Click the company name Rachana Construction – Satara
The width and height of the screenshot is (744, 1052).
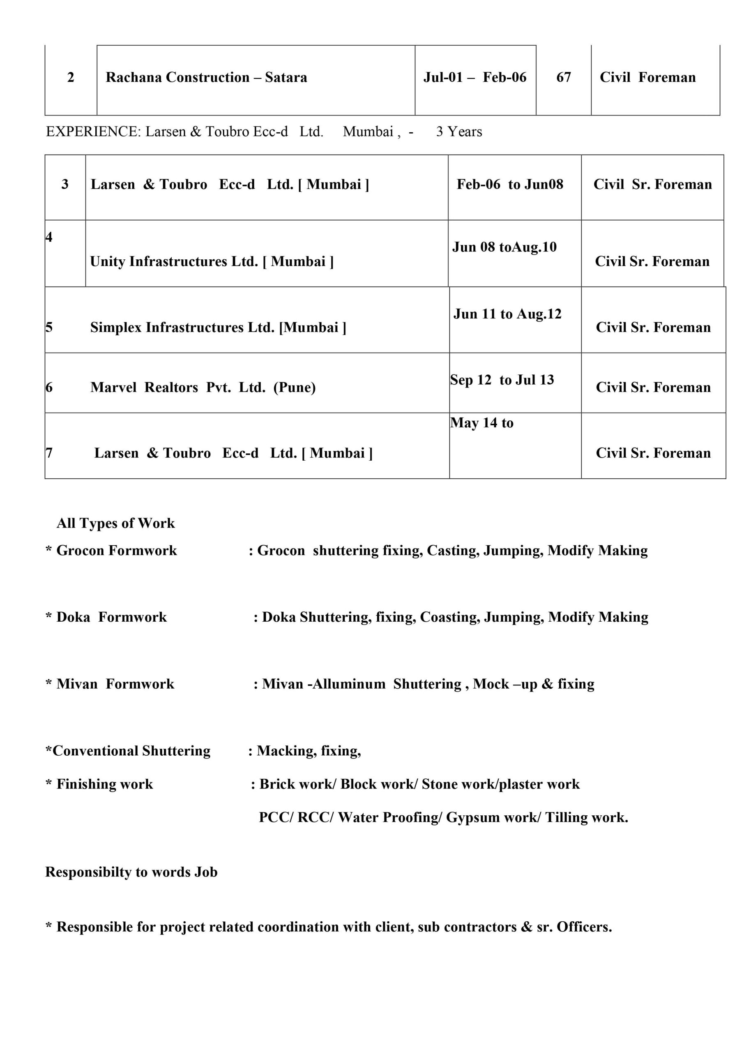tap(206, 77)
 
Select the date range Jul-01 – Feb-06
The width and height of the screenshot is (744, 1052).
tap(475, 77)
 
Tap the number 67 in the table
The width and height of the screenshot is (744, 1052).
tap(564, 77)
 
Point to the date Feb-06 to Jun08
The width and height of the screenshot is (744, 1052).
tap(510, 185)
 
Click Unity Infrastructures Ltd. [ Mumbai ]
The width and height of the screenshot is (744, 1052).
tap(212, 262)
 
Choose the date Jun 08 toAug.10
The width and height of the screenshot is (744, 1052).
tap(504, 247)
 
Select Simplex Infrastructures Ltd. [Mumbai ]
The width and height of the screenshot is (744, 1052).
tap(218, 328)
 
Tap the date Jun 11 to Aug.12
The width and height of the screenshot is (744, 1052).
tap(507, 314)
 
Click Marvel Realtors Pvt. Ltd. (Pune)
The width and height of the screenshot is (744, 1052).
tap(203, 388)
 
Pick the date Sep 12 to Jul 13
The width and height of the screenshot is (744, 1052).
tap(502, 380)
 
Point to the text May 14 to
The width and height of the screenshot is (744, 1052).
tap(481, 423)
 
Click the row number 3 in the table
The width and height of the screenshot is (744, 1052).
tap(65, 185)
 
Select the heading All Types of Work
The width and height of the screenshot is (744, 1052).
tap(115, 523)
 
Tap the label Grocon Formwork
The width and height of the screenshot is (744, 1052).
tap(116, 550)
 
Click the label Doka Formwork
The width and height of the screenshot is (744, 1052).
tap(111, 617)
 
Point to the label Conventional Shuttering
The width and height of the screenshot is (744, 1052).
tap(131, 751)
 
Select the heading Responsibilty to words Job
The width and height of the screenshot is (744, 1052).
tap(131, 872)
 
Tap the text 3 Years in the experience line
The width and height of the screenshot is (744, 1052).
tap(459, 132)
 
